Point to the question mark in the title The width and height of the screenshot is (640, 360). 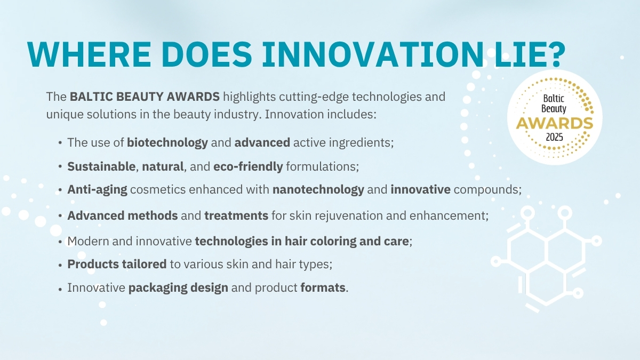[555, 54]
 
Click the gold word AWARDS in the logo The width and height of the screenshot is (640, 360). [555, 123]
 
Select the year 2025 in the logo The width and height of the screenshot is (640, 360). [554, 137]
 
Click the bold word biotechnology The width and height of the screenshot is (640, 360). [167, 143]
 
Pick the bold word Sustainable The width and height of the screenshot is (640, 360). [101, 166]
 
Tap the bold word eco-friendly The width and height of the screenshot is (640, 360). [248, 167]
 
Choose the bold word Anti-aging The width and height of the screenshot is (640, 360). [97, 190]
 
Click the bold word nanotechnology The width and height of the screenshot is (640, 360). [318, 190]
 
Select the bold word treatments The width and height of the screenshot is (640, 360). [236, 215]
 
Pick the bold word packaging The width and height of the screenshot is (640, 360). [158, 288]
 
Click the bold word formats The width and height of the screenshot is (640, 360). [323, 287]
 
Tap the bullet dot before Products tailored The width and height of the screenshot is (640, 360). [60, 265]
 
